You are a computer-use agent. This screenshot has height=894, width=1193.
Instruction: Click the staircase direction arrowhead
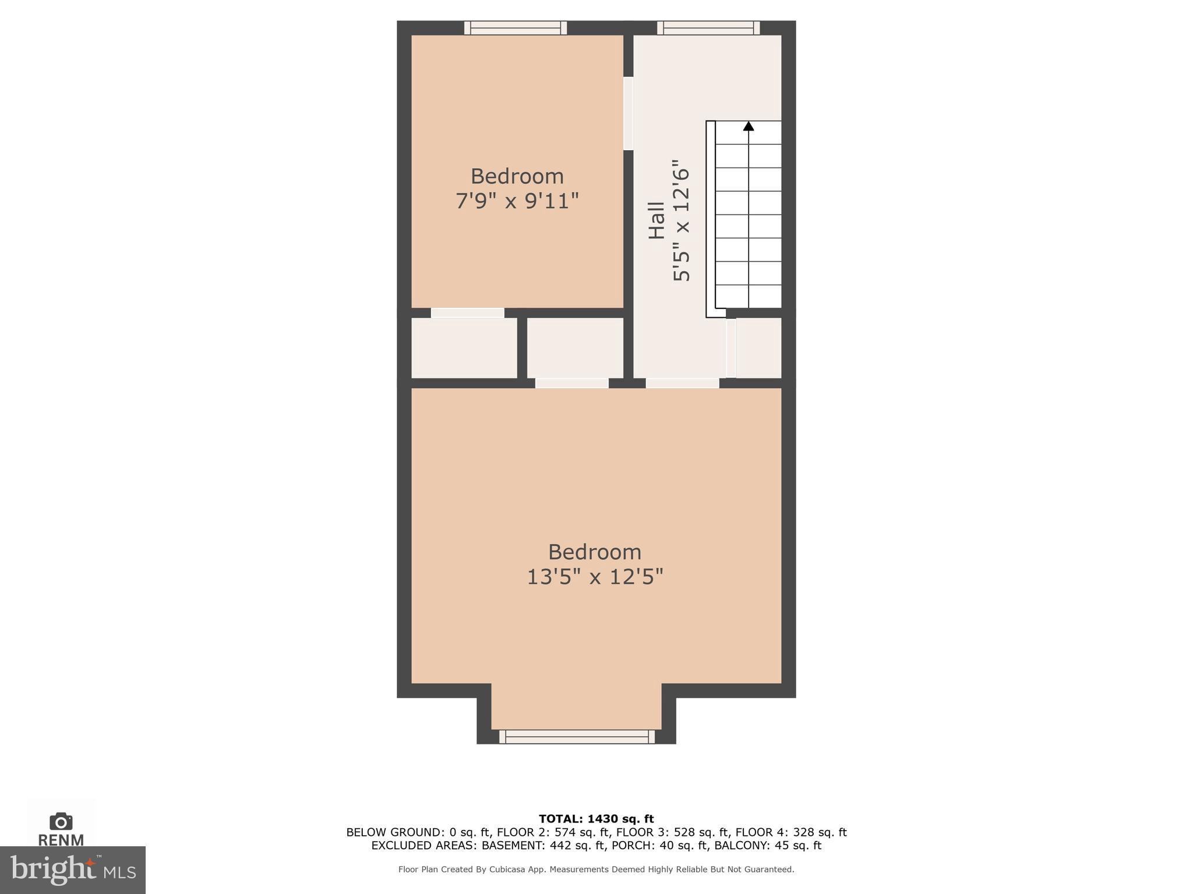point(749,126)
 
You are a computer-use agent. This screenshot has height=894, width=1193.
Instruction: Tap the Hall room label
point(657,221)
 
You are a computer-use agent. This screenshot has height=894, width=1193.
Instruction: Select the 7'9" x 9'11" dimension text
point(517,201)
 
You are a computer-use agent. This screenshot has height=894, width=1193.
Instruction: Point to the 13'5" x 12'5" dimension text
point(595,577)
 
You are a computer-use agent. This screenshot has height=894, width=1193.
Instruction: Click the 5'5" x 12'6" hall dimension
point(682,221)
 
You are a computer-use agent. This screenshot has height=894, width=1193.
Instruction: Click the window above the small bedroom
point(516,27)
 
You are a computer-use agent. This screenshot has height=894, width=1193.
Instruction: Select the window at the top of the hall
point(708,27)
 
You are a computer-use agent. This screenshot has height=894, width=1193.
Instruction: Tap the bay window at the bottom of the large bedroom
point(577,737)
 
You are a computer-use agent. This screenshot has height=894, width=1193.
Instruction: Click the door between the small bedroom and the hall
point(628,113)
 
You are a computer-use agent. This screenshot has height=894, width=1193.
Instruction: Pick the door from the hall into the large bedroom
point(682,383)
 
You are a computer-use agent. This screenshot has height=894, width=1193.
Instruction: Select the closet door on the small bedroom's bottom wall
point(467,313)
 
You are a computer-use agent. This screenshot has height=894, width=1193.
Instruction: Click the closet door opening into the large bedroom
point(571,383)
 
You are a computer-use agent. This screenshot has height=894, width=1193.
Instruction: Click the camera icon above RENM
point(61,821)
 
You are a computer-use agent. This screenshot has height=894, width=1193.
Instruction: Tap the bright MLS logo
point(72,870)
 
